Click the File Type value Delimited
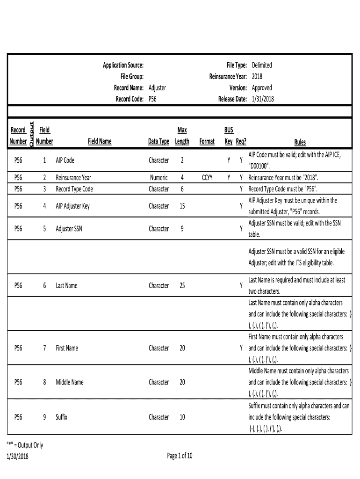(261, 65)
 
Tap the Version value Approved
(261, 87)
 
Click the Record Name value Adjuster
(157, 87)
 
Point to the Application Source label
(123, 65)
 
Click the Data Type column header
(158, 141)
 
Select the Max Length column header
(182, 135)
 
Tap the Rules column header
(300, 142)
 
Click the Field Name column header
(99, 141)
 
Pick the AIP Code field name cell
(65, 160)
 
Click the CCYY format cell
(207, 178)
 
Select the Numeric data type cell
(158, 178)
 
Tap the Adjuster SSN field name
(69, 229)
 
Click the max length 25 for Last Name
(182, 285)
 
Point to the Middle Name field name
(70, 382)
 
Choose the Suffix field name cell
(61, 417)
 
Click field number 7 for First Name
(44, 348)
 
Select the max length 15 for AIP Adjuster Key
(182, 206)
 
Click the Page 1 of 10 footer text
(180, 457)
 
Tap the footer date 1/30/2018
(17, 457)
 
